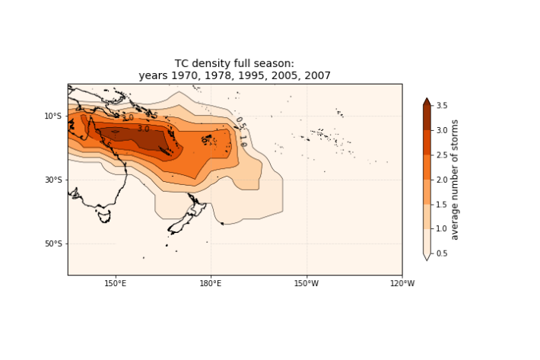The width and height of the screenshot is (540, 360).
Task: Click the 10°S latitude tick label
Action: [52, 116]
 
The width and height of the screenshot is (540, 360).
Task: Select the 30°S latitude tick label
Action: [52, 180]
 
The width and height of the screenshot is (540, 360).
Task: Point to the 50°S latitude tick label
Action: [52, 244]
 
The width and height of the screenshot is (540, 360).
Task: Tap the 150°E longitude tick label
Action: [116, 284]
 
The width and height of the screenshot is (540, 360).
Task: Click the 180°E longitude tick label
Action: [211, 284]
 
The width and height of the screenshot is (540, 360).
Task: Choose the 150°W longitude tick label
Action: [306, 284]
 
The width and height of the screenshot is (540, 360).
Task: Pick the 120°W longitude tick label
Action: [402, 284]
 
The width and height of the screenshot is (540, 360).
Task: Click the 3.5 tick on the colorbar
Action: [443, 106]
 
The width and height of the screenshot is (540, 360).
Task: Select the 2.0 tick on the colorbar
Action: [443, 180]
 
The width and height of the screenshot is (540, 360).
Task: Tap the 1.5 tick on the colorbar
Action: [443, 204]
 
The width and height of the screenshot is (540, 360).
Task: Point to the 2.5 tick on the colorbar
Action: [443, 155]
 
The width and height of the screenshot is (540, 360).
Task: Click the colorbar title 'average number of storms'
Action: [455, 180]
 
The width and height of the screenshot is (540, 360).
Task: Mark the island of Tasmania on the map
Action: [104, 216]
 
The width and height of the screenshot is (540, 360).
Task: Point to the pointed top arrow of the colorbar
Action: [427, 101]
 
